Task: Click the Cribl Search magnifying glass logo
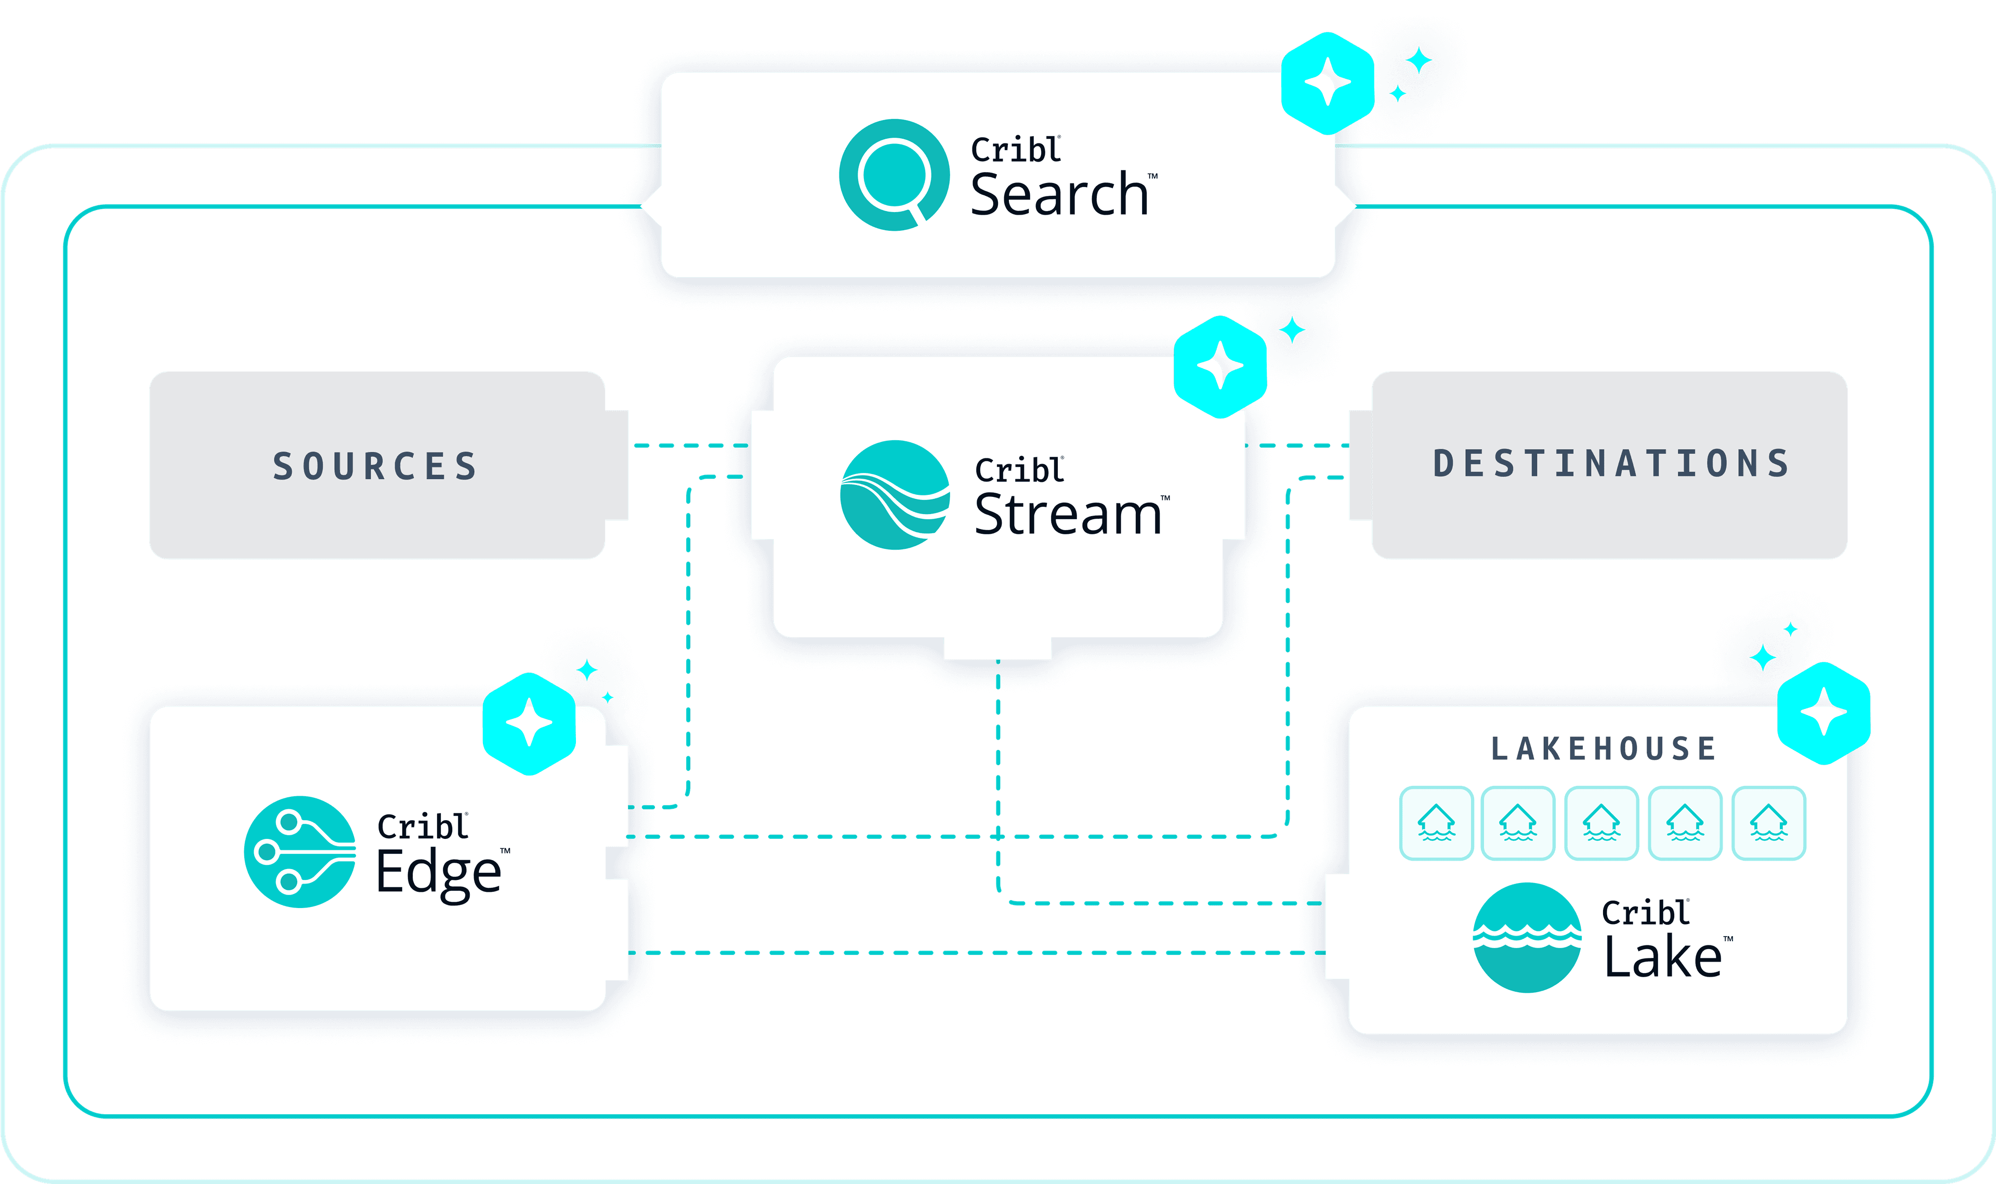894,175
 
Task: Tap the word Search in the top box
1059,195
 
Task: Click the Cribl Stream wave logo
895,495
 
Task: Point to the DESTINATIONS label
1611,464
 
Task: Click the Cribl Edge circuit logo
300,851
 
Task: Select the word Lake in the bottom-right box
1662,957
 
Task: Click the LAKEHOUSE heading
1604,748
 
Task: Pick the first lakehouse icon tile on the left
1436,823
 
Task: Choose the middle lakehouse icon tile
1601,823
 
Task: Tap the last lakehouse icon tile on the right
1769,823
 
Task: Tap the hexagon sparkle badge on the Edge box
529,723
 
